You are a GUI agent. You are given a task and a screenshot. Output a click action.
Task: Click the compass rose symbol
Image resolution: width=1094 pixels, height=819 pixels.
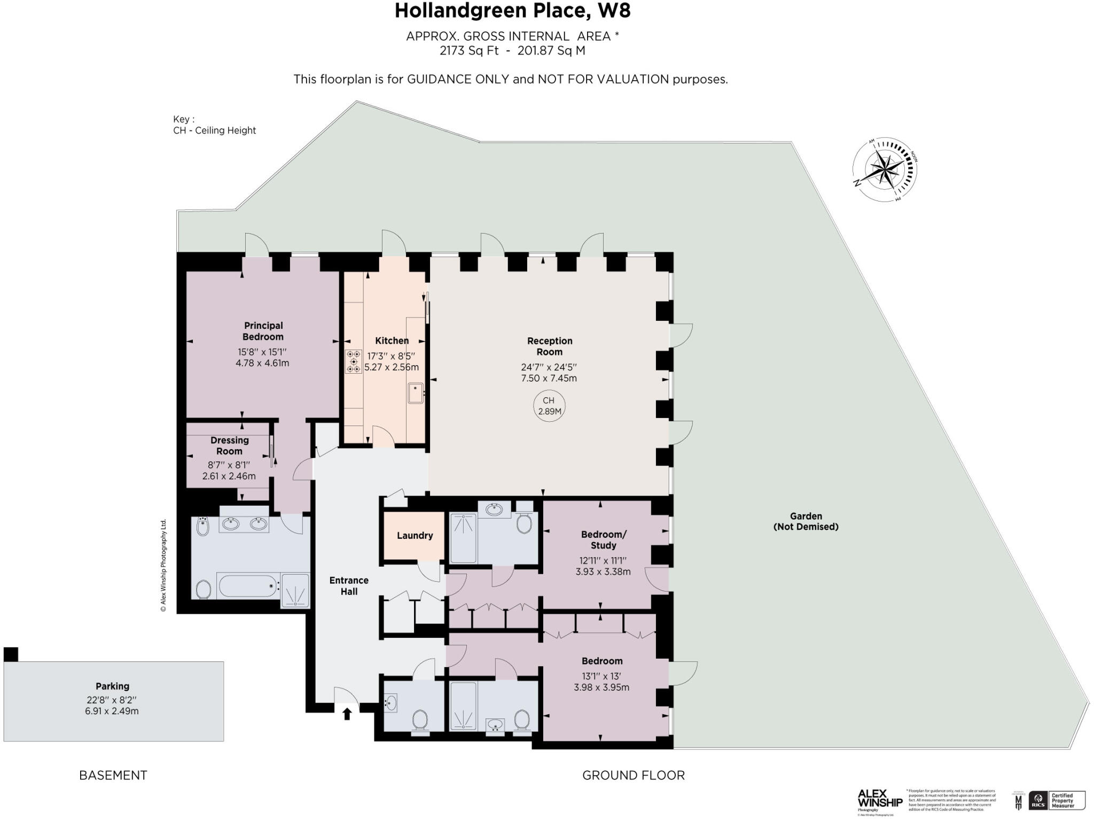[x=884, y=171]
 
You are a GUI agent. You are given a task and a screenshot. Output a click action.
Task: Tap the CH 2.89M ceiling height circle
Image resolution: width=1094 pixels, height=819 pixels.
[x=549, y=406]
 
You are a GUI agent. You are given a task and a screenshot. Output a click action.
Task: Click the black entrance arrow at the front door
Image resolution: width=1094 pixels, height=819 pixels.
[x=347, y=713]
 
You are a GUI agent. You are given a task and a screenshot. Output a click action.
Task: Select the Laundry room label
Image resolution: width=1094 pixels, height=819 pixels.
[x=415, y=535]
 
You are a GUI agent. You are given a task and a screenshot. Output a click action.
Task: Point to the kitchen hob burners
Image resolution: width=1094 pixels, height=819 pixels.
[x=353, y=361]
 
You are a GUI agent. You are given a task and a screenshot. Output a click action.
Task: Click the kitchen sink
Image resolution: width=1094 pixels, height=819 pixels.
[x=416, y=393]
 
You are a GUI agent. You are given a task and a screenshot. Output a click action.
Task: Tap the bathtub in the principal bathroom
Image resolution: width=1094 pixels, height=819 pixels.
[x=248, y=586]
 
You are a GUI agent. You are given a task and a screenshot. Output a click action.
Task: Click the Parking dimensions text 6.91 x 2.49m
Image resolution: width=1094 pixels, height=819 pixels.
[x=112, y=711]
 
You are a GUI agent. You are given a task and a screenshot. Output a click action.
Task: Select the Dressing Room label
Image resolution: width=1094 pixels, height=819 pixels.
[x=229, y=445]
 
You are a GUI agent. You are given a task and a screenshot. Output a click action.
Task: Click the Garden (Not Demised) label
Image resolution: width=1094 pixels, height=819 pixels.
[x=806, y=521]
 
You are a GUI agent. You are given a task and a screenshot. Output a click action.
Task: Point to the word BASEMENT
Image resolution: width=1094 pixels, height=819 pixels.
[x=113, y=775]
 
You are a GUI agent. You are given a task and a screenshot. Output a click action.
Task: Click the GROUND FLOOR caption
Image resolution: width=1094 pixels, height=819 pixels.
[x=633, y=775]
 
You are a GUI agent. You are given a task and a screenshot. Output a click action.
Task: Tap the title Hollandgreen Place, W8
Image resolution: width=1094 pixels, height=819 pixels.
[x=512, y=11]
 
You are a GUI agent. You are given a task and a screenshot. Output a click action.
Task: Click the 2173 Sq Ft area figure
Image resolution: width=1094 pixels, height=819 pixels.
[x=468, y=51]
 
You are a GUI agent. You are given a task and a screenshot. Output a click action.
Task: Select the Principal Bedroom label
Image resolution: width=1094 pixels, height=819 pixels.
[x=263, y=331]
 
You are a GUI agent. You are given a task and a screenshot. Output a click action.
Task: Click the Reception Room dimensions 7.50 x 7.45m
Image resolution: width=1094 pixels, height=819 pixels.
[x=549, y=378]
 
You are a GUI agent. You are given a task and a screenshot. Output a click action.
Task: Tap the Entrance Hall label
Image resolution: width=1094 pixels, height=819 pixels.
[x=349, y=586]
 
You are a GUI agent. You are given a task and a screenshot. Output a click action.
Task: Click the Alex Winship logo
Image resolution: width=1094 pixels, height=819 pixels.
[x=879, y=800]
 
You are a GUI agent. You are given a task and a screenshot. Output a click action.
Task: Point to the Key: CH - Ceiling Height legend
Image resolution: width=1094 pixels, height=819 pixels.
[x=214, y=125]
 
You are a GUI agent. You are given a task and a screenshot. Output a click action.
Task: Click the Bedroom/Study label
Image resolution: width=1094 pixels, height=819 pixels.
[x=603, y=539]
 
